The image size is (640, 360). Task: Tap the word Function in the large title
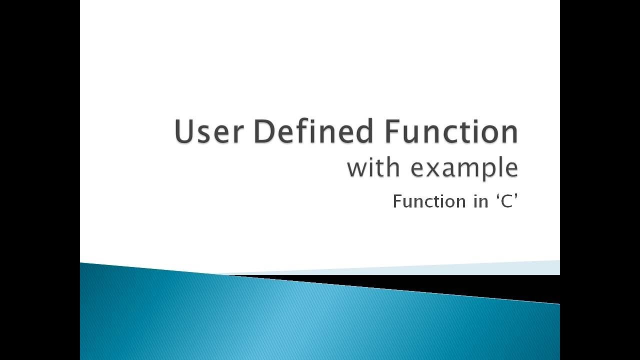click(x=451, y=132)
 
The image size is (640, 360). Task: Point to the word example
click(x=464, y=168)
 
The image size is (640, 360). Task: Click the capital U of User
click(x=184, y=132)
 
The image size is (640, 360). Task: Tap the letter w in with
click(x=357, y=168)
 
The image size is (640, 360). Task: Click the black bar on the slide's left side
click(x=40, y=180)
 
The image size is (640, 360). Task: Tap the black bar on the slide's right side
click(x=600, y=180)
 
